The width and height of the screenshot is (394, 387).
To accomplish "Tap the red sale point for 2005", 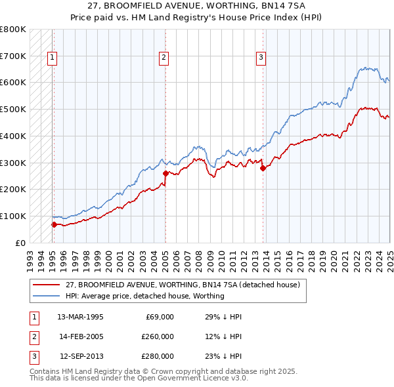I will [x=165, y=173].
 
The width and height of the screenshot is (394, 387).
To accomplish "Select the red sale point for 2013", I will [x=263, y=168].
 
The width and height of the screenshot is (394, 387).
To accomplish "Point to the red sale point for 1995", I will [x=54, y=224].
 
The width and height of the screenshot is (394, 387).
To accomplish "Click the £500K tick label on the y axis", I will [x=13, y=110].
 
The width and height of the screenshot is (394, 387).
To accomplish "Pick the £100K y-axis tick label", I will [x=13, y=216].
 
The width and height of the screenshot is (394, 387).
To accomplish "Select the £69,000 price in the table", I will [x=160, y=317].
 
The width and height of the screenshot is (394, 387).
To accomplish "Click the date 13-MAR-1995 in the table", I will [x=80, y=317].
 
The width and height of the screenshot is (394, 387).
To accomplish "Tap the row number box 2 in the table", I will [x=33, y=336].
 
